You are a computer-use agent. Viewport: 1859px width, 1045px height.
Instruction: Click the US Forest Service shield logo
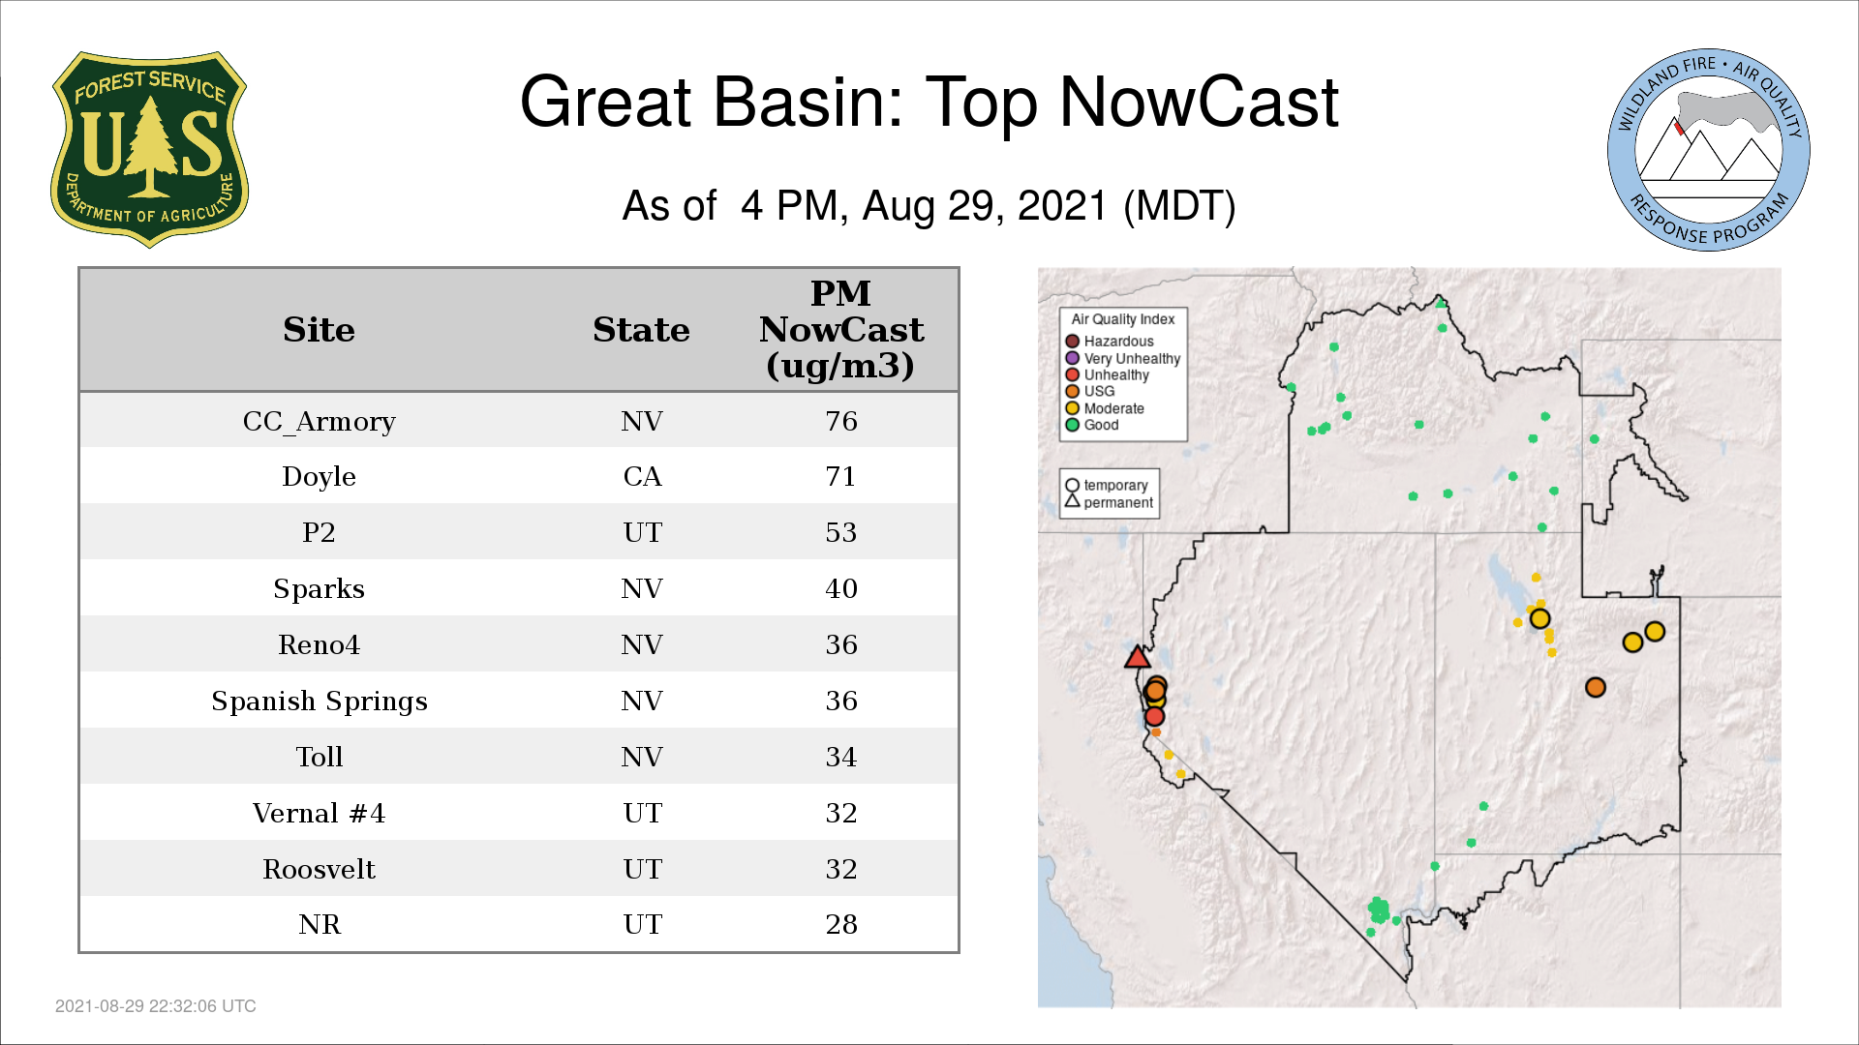tap(149, 150)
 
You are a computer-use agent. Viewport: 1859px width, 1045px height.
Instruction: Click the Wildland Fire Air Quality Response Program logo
tap(1709, 150)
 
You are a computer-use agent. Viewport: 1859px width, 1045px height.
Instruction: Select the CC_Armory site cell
tap(319, 422)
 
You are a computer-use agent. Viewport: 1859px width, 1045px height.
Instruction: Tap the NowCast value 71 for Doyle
tap(840, 476)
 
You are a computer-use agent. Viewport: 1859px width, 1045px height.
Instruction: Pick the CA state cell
tap(642, 476)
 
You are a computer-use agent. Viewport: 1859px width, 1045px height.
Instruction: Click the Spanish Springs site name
tap(319, 702)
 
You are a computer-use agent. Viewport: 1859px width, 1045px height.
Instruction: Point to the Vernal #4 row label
tap(319, 813)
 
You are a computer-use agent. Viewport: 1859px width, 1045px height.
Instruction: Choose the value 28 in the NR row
tap(840, 924)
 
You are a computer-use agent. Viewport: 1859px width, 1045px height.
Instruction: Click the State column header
tap(641, 330)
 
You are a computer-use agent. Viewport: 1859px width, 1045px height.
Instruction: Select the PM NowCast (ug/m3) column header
tap(840, 330)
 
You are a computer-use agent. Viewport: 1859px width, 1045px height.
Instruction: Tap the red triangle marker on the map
tap(1137, 658)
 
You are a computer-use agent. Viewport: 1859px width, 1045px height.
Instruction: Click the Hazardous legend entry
tap(1110, 342)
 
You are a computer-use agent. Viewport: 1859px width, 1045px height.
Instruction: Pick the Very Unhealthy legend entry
tap(1123, 358)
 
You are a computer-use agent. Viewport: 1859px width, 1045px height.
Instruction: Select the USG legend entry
tap(1090, 392)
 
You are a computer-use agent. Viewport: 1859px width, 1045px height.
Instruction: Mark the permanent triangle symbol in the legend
tap(1072, 501)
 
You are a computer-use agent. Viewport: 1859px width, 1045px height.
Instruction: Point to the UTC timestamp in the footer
tap(156, 1006)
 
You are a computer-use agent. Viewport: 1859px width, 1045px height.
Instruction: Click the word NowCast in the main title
tap(1199, 103)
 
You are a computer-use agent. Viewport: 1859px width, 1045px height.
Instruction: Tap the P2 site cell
tap(319, 532)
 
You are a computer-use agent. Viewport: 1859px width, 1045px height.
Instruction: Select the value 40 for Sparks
tap(840, 588)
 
